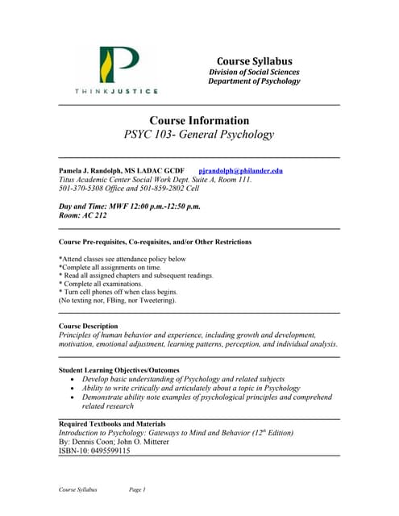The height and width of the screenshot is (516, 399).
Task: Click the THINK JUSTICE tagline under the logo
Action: tap(117, 91)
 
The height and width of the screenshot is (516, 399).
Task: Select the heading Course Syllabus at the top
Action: tap(254, 61)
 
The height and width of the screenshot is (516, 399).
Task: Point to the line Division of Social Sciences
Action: tap(254, 72)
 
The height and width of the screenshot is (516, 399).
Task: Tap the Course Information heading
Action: tap(199, 120)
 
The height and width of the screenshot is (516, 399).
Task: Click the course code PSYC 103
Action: tap(152, 135)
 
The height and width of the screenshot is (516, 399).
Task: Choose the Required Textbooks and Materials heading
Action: tap(113, 424)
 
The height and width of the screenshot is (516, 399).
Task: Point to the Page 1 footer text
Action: tap(137, 489)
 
